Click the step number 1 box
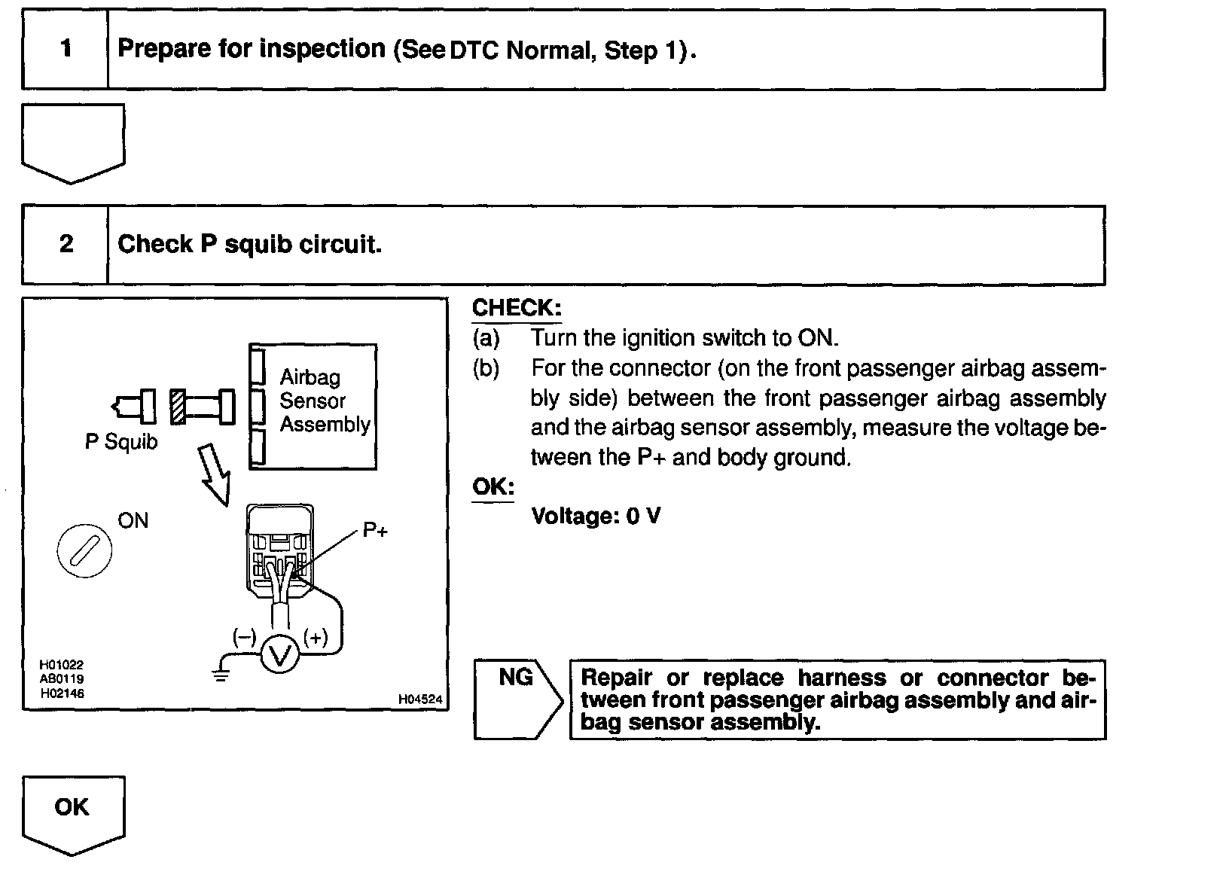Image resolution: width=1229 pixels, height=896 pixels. coord(66,50)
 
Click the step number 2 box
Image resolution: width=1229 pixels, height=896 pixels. coord(66,245)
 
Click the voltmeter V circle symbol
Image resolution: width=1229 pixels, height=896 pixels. coord(280,656)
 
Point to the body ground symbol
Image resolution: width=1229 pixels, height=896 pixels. coord(220,673)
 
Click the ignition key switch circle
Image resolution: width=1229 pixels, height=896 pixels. coord(84,550)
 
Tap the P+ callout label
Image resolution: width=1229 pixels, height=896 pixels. coord(375,531)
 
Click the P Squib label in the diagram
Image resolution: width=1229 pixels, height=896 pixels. coord(121,442)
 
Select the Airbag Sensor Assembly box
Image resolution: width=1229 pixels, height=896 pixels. coord(313,407)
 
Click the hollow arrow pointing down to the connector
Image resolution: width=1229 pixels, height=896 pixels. coord(214,473)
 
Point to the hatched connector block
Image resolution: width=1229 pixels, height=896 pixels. coord(178,407)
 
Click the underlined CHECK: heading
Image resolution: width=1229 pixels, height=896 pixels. coord(517,308)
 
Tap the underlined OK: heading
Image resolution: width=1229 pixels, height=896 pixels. coord(493,487)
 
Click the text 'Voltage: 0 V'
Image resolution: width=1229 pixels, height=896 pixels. coord(596,517)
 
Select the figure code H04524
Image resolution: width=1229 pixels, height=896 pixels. coord(420,699)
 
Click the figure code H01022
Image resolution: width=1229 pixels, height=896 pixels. coord(62,665)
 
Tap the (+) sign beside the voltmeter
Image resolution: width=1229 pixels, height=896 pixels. coord(316,638)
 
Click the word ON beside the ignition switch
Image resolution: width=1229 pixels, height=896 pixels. coord(133,521)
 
